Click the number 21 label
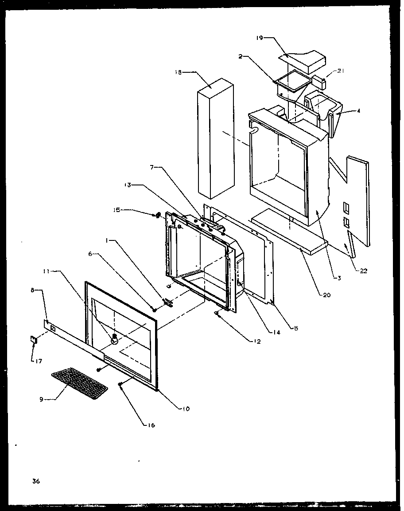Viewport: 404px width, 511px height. coord(340,71)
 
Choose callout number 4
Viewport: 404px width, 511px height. coord(358,111)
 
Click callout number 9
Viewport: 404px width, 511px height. coord(41,399)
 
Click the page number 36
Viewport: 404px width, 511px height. coord(36,481)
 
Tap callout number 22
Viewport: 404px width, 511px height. coord(363,271)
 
